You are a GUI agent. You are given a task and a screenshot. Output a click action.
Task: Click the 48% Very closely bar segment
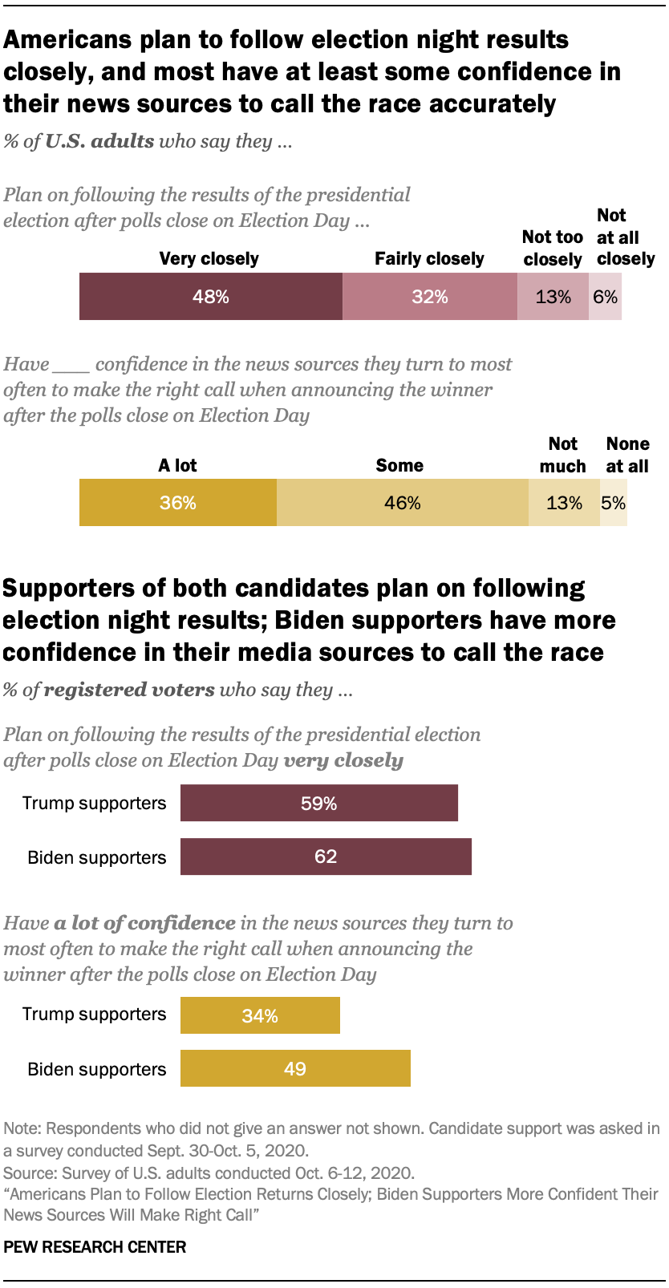[x=211, y=297]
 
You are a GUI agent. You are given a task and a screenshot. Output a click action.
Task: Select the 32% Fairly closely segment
[x=430, y=297]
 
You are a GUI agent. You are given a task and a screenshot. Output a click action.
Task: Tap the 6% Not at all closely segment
[x=606, y=297]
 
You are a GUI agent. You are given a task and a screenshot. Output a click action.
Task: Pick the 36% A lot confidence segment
[x=178, y=503]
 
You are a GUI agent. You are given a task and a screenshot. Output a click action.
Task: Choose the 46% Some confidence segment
[x=403, y=503]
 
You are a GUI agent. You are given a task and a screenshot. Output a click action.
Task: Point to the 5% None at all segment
[x=614, y=503]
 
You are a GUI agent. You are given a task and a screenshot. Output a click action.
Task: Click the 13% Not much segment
[x=564, y=503]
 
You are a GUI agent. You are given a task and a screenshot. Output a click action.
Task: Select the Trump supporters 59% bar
[x=319, y=803]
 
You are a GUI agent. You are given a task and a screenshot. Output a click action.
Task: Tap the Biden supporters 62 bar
[x=326, y=857]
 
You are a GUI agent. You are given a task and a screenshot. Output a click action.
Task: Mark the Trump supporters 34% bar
[x=260, y=1015]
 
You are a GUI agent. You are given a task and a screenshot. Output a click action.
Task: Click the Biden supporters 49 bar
[x=295, y=1068]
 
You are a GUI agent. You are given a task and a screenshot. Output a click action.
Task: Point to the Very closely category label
[x=209, y=258]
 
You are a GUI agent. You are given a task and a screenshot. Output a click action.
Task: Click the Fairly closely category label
[x=429, y=258]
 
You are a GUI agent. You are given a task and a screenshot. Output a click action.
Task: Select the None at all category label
[x=627, y=455]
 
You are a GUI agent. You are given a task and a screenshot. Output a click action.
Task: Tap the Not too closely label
[x=552, y=248]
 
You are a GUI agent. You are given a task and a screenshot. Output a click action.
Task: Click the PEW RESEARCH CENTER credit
[x=95, y=1247]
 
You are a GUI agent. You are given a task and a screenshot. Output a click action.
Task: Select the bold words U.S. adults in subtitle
[x=99, y=141]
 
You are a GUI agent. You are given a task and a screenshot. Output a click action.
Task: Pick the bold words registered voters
[x=128, y=690]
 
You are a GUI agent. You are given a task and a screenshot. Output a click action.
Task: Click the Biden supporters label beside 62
[x=97, y=857]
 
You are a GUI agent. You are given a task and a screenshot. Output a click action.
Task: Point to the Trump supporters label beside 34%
[x=95, y=1014]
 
